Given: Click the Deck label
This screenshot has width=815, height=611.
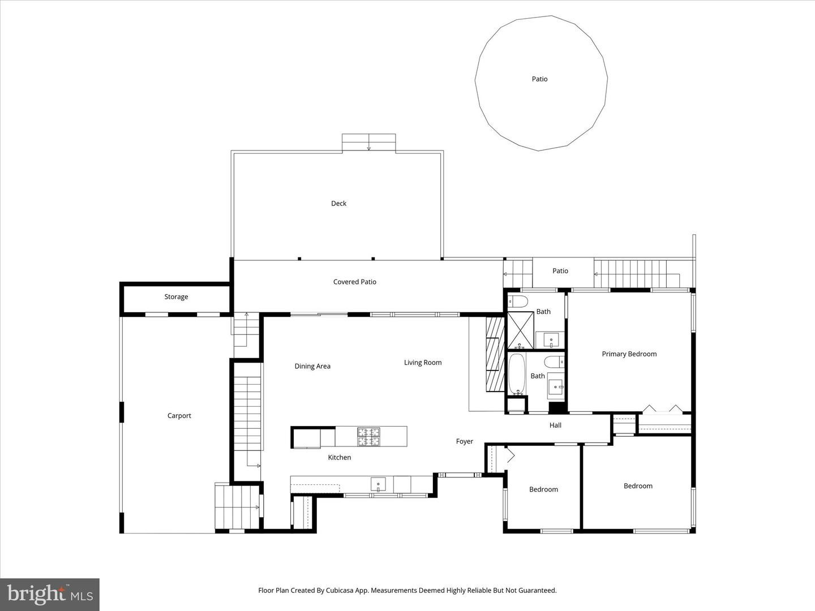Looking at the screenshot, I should click(338, 204).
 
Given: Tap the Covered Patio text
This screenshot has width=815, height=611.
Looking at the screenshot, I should click(354, 282).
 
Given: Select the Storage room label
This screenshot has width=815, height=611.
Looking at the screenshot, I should click(176, 297).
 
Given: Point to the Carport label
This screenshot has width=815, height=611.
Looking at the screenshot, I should click(179, 416).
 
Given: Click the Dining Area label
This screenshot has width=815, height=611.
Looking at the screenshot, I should click(312, 367).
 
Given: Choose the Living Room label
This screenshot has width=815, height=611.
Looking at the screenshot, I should click(423, 363).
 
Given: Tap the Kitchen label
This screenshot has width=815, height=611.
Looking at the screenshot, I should click(340, 458).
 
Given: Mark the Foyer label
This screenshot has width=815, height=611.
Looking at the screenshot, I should click(465, 442).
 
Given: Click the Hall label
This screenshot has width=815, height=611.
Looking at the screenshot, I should click(555, 425).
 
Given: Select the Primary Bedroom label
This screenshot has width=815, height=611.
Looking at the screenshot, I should click(629, 354).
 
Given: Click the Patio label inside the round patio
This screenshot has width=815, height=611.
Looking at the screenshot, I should click(539, 79).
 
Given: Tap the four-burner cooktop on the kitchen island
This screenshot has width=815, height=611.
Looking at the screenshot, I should click(368, 436).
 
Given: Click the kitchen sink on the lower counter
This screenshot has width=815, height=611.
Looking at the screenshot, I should click(378, 484).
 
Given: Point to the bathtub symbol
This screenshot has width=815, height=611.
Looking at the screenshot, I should click(517, 375).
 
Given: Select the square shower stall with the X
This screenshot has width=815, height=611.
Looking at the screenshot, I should click(521, 330).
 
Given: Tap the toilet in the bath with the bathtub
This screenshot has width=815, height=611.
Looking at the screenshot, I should click(554, 362).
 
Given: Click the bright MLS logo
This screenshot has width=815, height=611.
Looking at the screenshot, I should click(50, 594).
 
